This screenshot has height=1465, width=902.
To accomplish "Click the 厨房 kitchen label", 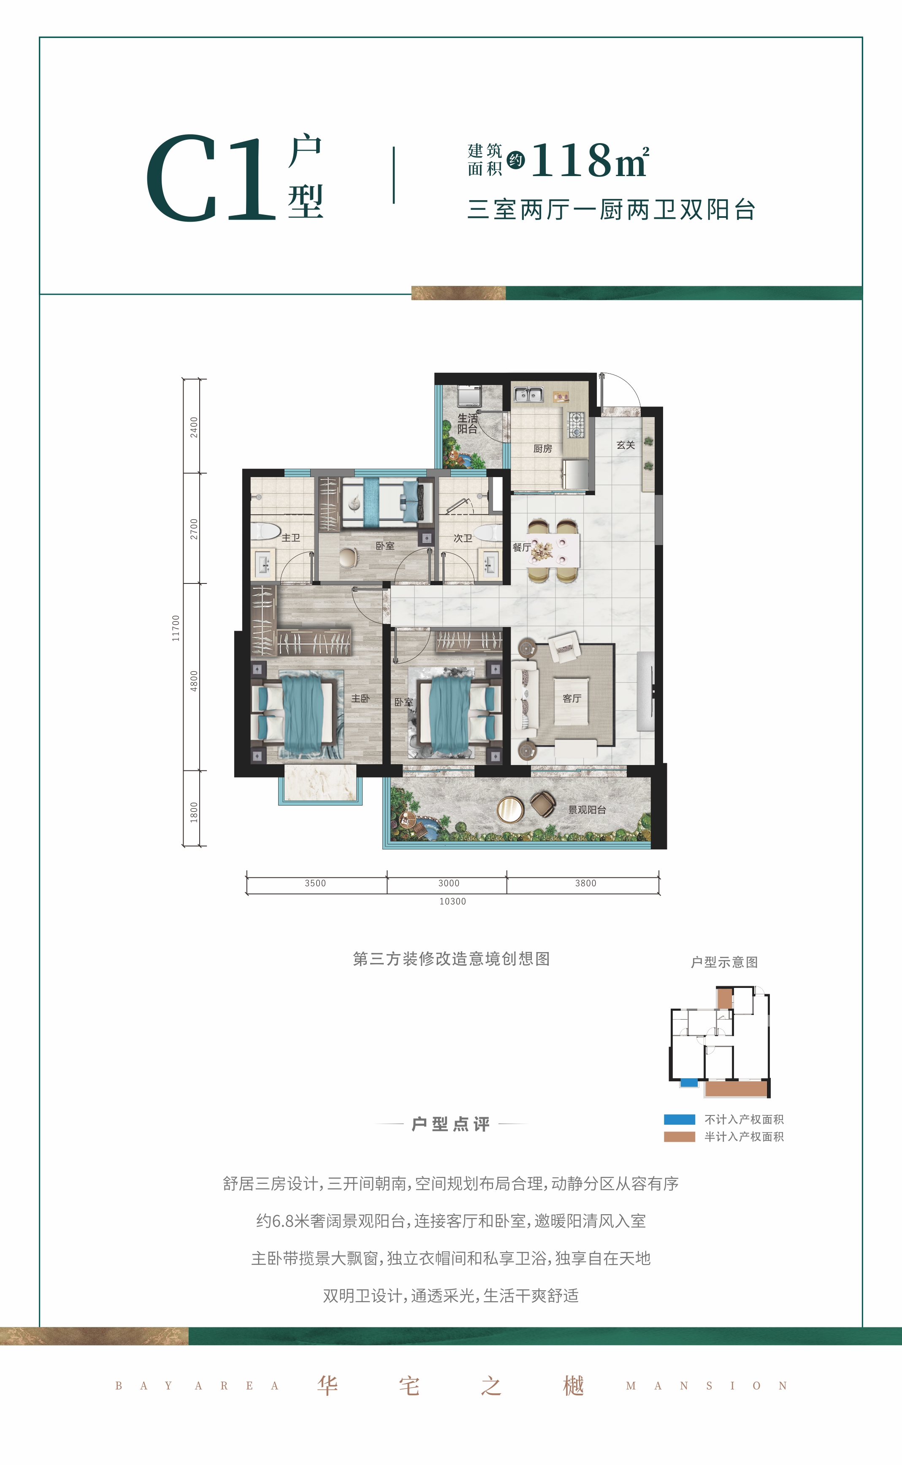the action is pyautogui.click(x=542, y=449).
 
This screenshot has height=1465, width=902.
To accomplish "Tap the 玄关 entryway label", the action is pyautogui.click(x=626, y=445).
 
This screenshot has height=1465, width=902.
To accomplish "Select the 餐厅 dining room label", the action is pyautogui.click(x=521, y=547).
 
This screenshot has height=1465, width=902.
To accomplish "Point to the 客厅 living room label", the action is pyautogui.click(x=572, y=698).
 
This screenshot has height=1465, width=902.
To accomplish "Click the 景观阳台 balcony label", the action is pyautogui.click(x=587, y=810).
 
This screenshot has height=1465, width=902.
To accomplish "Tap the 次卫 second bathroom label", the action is pyautogui.click(x=463, y=538).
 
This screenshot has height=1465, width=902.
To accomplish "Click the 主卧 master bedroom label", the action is pyautogui.click(x=360, y=698).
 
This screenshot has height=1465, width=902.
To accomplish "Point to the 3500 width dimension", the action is pyautogui.click(x=316, y=883).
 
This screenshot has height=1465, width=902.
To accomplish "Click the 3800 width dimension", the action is pyautogui.click(x=586, y=883).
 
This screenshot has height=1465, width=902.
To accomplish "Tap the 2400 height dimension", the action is pyautogui.click(x=194, y=427).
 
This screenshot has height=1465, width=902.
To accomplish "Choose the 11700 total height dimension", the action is pyautogui.click(x=176, y=628).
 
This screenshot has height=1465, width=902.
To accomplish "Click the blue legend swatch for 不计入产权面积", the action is pyautogui.click(x=680, y=1120).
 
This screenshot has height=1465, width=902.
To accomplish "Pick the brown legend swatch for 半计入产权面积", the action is pyautogui.click(x=680, y=1137).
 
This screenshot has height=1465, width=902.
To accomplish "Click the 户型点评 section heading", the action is pyautogui.click(x=451, y=1124).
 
